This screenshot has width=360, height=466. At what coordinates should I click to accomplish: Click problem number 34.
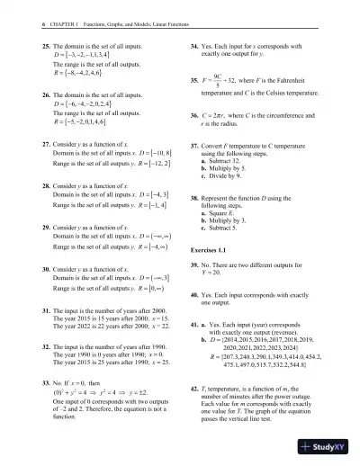[194, 43]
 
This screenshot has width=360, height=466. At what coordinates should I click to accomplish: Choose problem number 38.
[194, 195]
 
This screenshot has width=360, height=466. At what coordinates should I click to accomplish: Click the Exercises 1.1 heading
[212, 249]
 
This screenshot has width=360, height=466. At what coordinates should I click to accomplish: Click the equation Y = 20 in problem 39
[215, 273]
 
